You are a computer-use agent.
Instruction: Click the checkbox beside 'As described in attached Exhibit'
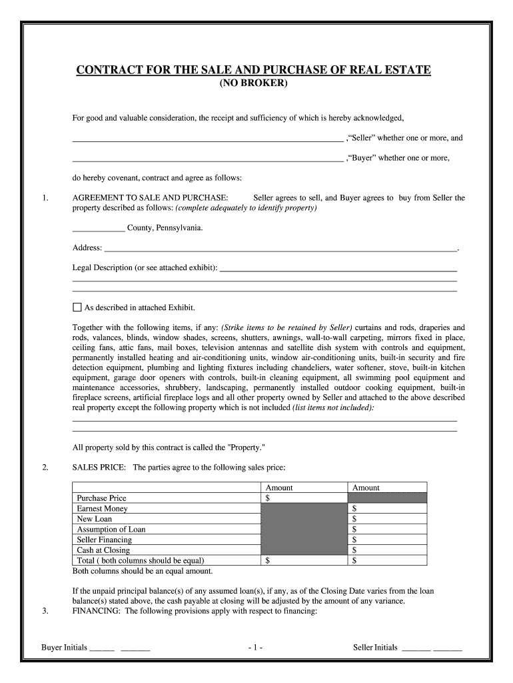click(77, 307)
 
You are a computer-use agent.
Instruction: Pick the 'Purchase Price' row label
click(102, 498)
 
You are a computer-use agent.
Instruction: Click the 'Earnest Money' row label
click(99, 508)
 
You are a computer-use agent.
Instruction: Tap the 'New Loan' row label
click(95, 519)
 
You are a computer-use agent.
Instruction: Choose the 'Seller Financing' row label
click(105, 540)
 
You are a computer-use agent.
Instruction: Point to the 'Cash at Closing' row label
click(103, 550)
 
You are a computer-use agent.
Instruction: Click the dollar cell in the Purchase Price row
click(304, 498)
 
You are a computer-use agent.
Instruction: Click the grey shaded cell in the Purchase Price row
click(387, 498)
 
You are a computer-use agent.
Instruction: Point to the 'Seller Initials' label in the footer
click(375, 648)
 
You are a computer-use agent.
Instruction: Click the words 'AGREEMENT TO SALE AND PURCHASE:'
click(150, 198)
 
